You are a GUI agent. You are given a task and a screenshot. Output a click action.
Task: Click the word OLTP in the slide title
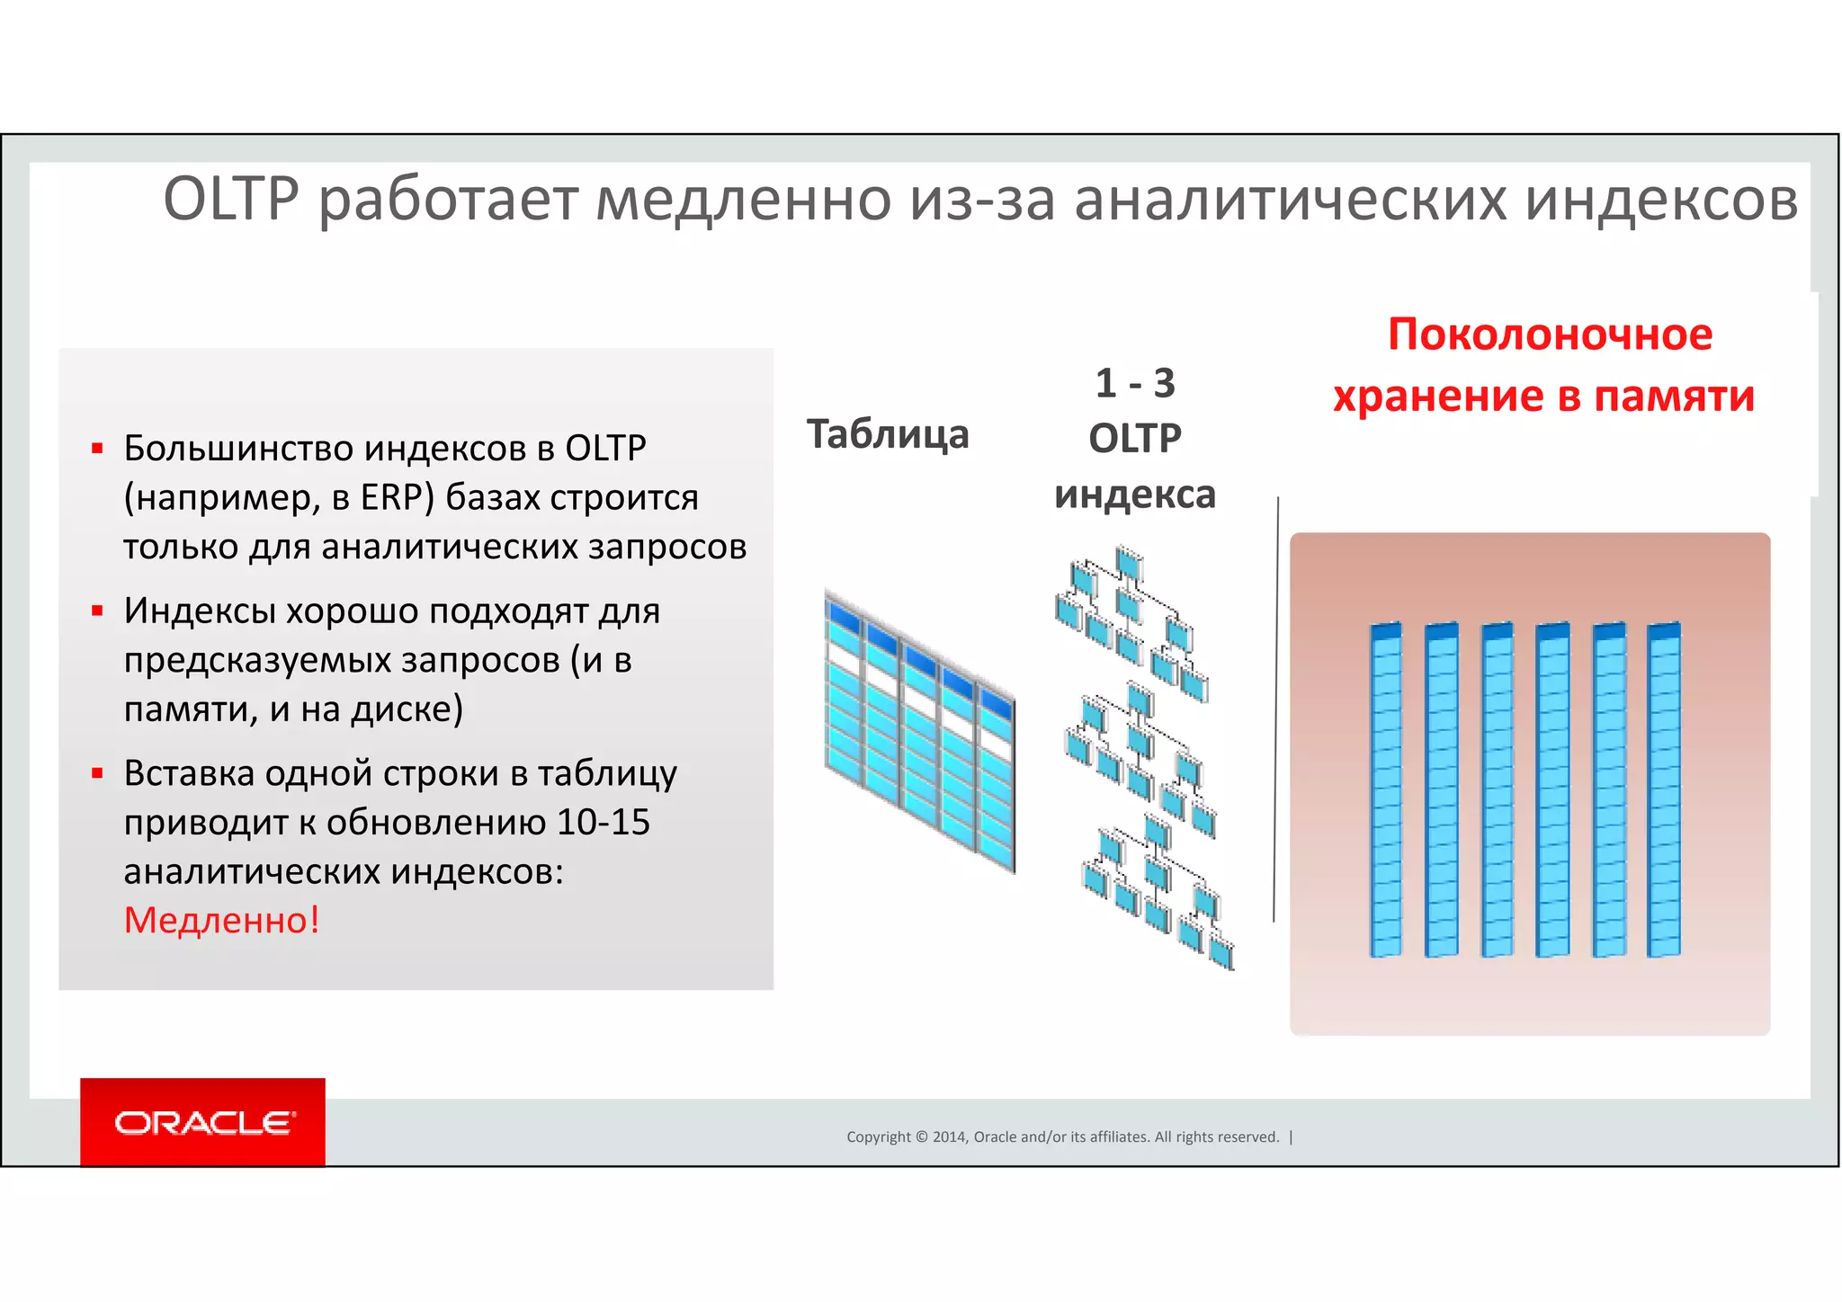click(230, 199)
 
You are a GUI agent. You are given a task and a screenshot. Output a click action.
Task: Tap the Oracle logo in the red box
click(203, 1123)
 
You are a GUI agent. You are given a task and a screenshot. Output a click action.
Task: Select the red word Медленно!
click(221, 920)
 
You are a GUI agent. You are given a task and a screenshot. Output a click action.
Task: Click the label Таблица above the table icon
click(888, 434)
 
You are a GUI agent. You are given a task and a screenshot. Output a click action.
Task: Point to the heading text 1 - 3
click(1135, 384)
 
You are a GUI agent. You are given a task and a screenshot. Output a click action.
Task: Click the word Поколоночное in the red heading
click(1550, 334)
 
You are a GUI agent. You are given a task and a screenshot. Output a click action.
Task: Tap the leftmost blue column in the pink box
click(1386, 789)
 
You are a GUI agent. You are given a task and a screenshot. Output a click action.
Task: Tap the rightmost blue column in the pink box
click(1664, 789)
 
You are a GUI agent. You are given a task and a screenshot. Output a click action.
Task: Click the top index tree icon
click(1131, 620)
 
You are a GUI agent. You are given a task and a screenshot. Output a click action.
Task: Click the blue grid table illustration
click(920, 730)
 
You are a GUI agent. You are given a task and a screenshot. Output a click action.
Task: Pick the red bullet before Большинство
click(97, 448)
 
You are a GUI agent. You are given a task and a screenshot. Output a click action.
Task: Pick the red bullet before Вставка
click(97, 773)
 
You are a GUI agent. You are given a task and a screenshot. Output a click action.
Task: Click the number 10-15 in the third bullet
click(603, 822)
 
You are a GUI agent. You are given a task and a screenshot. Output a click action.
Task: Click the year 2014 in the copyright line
click(949, 1137)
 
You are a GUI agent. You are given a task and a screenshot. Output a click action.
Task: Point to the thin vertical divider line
click(1275, 710)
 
